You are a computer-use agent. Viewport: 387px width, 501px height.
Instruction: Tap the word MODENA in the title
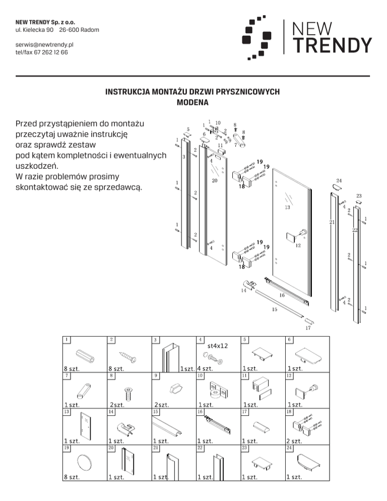tap(193, 103)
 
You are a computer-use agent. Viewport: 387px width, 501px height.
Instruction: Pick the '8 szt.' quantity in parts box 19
tap(72, 477)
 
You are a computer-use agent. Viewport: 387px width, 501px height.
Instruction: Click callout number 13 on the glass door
tap(287, 207)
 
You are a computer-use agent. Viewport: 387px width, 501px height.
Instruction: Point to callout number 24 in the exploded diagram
tap(339, 180)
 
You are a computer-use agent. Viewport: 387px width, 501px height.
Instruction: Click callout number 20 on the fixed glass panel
tap(215, 180)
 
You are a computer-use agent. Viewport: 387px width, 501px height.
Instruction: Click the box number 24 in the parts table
tap(289, 447)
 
